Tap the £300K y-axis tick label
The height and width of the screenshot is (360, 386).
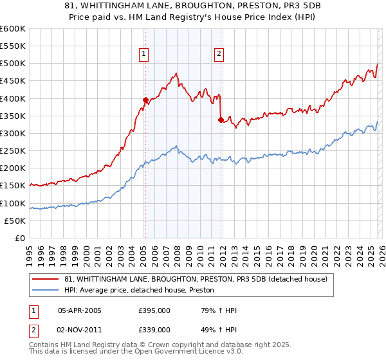[13, 133]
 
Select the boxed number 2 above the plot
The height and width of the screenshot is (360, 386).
[219, 54]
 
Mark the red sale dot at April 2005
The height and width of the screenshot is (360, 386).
[145, 100]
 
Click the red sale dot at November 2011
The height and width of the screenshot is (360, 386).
[221, 119]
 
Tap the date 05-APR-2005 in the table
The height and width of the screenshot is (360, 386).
[80, 310]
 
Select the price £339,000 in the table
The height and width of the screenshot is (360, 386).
[154, 330]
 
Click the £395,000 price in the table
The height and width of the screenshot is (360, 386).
[154, 310]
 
